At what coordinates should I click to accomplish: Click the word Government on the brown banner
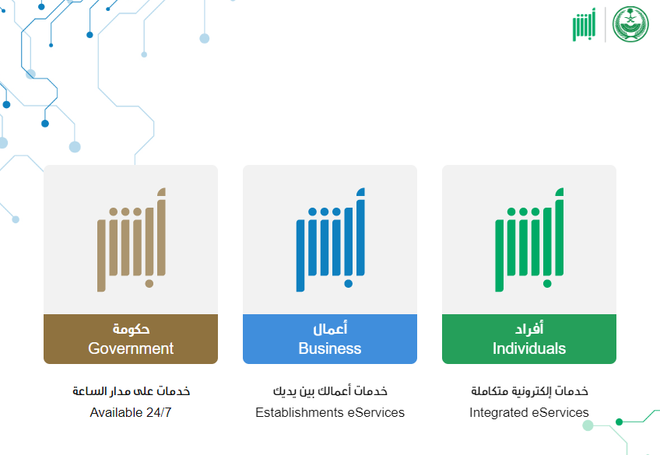click(131, 348)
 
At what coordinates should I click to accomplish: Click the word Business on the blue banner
click(330, 348)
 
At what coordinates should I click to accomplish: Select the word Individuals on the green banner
click(529, 348)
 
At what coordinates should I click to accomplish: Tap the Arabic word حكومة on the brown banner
click(131, 329)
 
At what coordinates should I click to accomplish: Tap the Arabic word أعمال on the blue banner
click(330, 328)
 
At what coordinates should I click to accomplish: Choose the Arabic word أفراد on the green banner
click(529, 328)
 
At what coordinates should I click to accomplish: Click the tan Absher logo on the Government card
click(132, 240)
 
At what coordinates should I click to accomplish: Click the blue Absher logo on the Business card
click(331, 240)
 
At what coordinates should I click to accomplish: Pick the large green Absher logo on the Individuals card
click(529, 240)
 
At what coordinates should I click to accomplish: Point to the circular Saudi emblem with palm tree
click(630, 24)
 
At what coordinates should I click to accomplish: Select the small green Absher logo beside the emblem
click(585, 24)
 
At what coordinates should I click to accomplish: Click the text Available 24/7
click(131, 412)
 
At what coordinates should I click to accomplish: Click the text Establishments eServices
click(330, 412)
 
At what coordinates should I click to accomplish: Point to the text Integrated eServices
click(529, 412)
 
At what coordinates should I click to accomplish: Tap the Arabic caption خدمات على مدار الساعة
click(131, 391)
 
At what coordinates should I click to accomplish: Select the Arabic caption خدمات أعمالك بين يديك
click(330, 391)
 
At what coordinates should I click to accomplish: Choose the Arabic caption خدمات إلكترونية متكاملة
click(529, 391)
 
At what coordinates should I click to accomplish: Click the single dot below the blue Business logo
click(348, 284)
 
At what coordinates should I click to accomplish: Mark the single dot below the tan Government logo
click(149, 284)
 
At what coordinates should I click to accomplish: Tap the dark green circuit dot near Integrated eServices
click(620, 422)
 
